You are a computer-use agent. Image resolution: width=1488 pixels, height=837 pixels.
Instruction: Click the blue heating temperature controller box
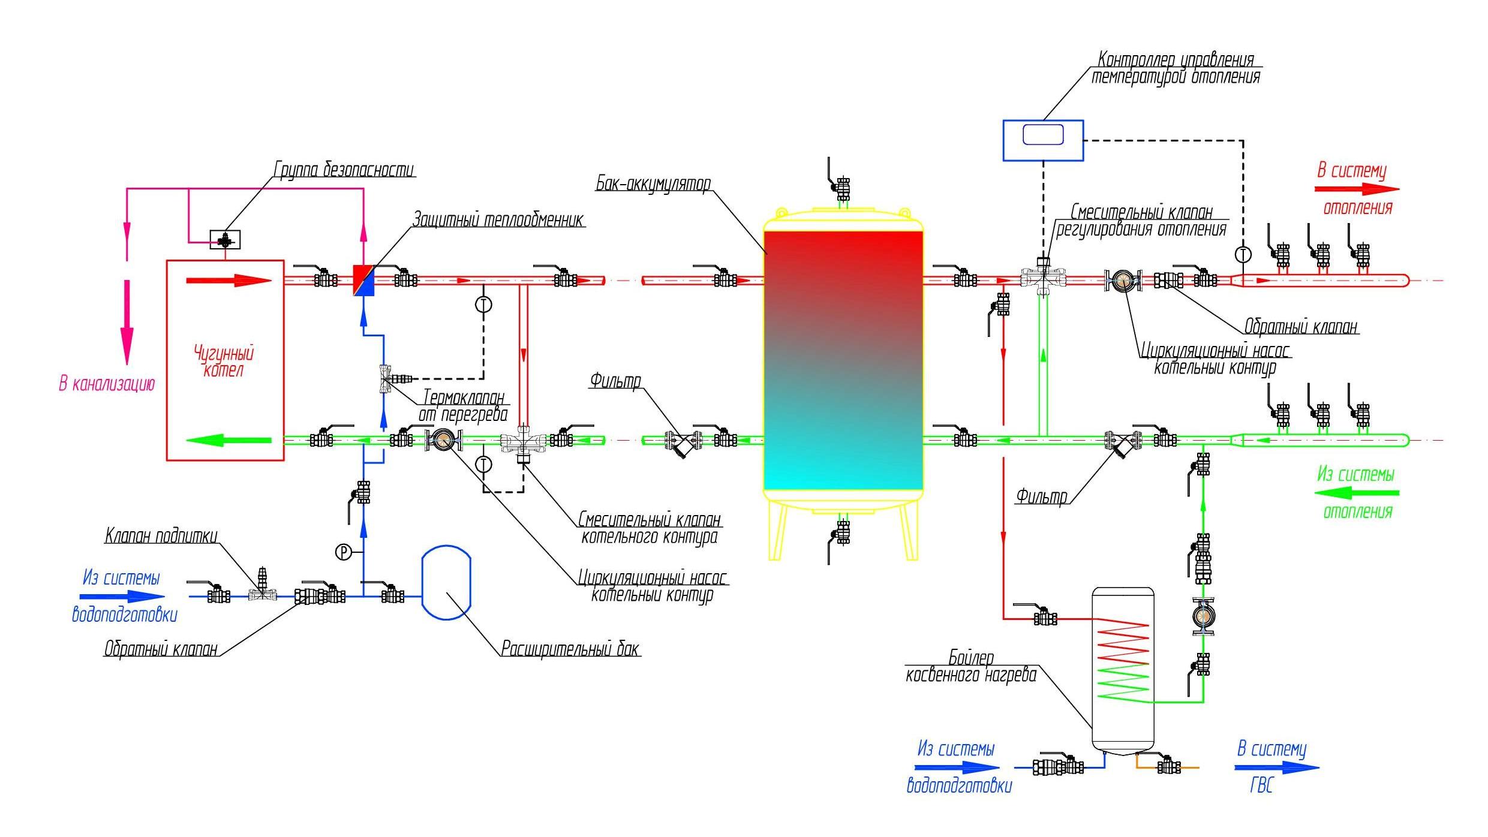point(1043,140)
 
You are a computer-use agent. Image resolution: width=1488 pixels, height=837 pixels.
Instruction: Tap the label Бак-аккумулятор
point(653,183)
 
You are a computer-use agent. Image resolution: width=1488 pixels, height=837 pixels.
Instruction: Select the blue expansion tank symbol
point(446,582)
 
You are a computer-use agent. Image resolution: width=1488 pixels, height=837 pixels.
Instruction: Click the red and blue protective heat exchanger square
point(364,281)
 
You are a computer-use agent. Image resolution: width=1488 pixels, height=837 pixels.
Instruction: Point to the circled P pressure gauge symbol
point(343,552)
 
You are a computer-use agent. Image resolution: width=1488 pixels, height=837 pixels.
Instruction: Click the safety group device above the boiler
point(226,240)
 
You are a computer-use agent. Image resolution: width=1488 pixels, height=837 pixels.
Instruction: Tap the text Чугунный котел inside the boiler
point(224,361)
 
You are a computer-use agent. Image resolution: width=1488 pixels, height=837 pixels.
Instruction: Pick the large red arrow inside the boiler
point(230,281)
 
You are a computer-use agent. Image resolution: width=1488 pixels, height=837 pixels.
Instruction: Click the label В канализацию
point(107,384)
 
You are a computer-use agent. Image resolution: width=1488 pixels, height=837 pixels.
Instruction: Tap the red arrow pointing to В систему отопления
point(1357,189)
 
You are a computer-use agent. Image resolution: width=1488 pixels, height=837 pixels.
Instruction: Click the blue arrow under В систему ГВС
point(1277,767)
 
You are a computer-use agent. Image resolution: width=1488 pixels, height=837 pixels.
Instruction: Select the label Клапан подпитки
point(161,535)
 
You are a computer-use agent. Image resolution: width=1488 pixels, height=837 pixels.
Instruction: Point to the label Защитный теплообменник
point(498,219)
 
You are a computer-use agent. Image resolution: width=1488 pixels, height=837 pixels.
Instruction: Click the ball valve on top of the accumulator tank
point(842,188)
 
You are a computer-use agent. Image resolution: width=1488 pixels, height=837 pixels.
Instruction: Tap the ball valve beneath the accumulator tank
point(842,532)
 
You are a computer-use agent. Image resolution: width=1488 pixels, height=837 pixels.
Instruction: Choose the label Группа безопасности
point(344,170)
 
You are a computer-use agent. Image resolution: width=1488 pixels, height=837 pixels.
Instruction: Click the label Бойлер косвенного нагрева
point(971,667)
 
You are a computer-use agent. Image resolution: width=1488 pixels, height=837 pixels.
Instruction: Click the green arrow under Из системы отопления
point(1357,493)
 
